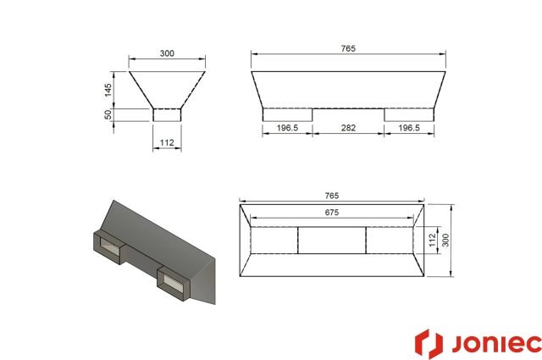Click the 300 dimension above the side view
pyautogui.click(x=167, y=53)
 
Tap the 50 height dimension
pyautogui.click(x=108, y=114)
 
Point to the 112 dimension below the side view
pyautogui.click(x=167, y=143)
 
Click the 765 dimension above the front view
pyautogui.click(x=349, y=49)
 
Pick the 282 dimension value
pyautogui.click(x=349, y=129)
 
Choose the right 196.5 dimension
pyautogui.click(x=410, y=129)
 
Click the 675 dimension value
pyautogui.click(x=332, y=213)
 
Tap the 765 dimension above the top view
pyautogui.click(x=332, y=196)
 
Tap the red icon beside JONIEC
pyautogui.click(x=429, y=343)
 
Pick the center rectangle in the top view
pyautogui.click(x=332, y=241)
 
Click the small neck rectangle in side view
pyautogui.click(x=167, y=114)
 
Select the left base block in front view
pyautogui.click(x=287, y=114)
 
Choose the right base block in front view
pyautogui.click(x=410, y=114)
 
